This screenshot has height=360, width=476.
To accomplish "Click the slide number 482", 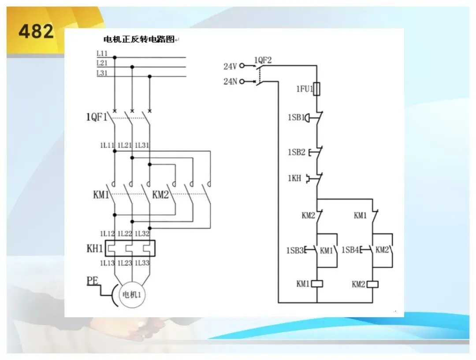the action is coord(36,32).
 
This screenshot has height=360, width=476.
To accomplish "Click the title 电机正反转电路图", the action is coord(139,39).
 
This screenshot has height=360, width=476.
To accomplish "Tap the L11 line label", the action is coord(102,53).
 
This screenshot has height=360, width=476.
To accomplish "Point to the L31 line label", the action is coord(102,73).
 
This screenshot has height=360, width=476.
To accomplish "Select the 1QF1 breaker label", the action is coord(97,117).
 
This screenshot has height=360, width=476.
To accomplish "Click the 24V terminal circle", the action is coord(242,66).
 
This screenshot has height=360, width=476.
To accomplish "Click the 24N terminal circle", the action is coord(242,82).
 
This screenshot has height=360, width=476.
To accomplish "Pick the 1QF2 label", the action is coord(263,60).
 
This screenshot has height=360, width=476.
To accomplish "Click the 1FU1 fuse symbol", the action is coord(316,89).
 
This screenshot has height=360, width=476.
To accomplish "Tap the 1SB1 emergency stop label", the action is coord(296,117).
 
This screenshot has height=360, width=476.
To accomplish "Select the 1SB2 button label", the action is coord(296,152).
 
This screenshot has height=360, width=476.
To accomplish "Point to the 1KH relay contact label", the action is coord(294,178).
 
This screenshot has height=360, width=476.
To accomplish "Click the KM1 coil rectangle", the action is coord(317,284).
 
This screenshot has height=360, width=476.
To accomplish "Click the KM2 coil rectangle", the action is coord(372,284).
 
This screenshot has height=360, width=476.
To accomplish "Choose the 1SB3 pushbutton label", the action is coord(295,250).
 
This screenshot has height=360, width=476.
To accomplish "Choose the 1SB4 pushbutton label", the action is coord(350,250).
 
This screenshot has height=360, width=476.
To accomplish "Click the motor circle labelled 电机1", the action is coord(132,294).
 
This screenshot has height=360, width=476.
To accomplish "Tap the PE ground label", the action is coord(92,281).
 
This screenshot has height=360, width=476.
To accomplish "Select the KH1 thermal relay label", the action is coord(95,248).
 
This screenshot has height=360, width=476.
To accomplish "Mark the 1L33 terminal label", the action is coord(142,263).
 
